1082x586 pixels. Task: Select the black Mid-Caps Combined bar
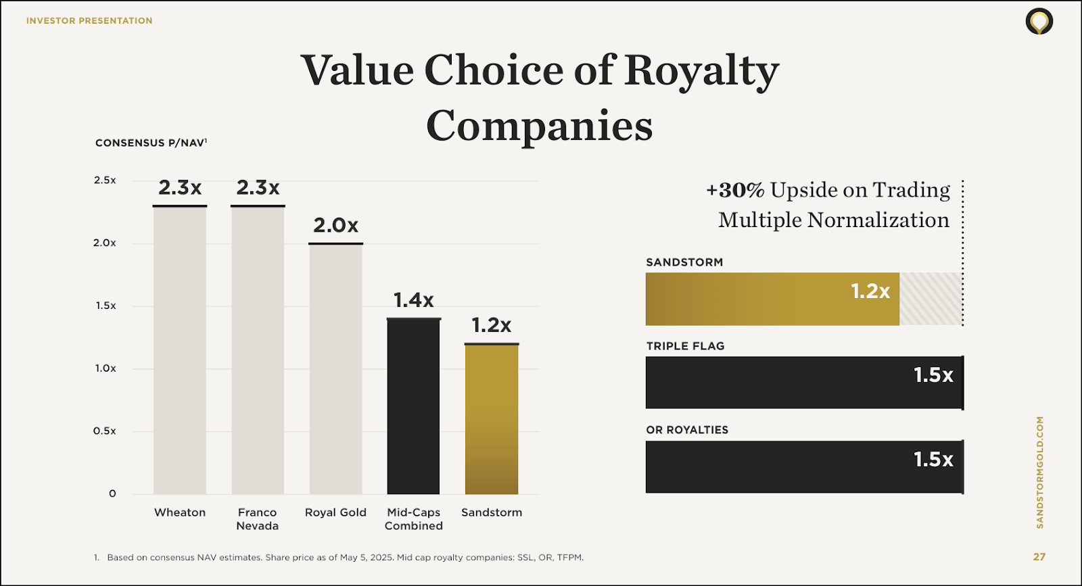tap(413, 406)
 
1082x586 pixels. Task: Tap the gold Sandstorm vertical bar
tap(492, 419)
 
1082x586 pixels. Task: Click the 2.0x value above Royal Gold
tap(335, 225)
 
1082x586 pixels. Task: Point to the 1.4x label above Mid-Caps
tap(413, 300)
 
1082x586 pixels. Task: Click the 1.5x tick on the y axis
tap(105, 306)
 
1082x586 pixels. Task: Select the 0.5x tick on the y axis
tap(105, 431)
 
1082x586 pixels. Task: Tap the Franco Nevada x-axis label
tap(257, 519)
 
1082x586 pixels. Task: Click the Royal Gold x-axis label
tap(335, 512)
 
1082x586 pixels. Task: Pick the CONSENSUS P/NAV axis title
tap(151, 143)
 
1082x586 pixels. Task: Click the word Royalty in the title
tap(701, 71)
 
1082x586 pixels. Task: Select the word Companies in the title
tap(539, 126)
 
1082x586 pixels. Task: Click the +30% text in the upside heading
tap(735, 190)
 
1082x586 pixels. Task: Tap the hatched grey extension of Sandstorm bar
tap(930, 299)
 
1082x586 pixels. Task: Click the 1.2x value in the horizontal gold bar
tap(870, 291)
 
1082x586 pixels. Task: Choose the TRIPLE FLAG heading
tap(685, 346)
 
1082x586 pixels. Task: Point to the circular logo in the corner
tap(1039, 22)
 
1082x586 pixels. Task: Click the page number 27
tap(1039, 557)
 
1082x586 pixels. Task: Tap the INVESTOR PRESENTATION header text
tap(89, 21)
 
